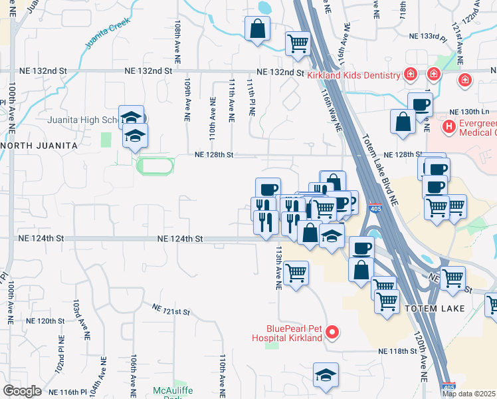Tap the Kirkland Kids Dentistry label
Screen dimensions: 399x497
tap(352, 74)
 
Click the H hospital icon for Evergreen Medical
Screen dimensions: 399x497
tap(449, 125)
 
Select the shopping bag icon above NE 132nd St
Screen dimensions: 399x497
tap(256, 29)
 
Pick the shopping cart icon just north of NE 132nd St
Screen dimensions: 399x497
tap(298, 44)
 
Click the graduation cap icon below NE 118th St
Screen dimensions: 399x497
tap(326, 375)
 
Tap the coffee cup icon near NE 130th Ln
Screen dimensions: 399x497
tap(420, 104)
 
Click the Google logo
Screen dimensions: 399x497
tap(22, 391)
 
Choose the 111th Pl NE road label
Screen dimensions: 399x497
tap(251, 98)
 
